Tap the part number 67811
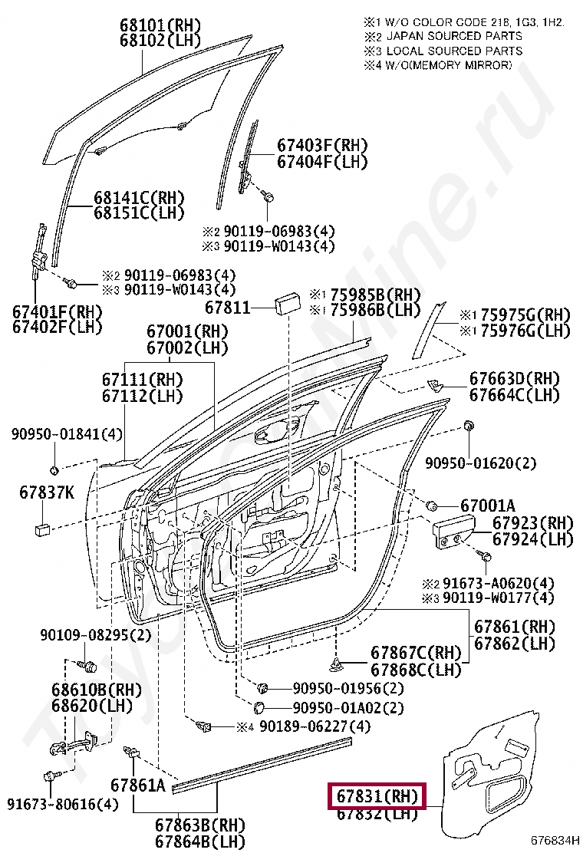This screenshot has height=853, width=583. (x=228, y=308)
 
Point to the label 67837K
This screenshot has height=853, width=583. (x=47, y=493)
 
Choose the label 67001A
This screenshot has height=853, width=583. (x=488, y=506)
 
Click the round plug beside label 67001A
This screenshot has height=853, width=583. (x=432, y=506)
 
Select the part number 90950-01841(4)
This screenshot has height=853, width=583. (x=66, y=435)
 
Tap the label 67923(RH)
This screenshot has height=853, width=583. (x=532, y=523)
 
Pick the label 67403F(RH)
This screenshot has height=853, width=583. (x=322, y=146)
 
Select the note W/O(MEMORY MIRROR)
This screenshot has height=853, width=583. (x=449, y=65)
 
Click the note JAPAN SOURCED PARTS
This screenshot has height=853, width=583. (x=454, y=36)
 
